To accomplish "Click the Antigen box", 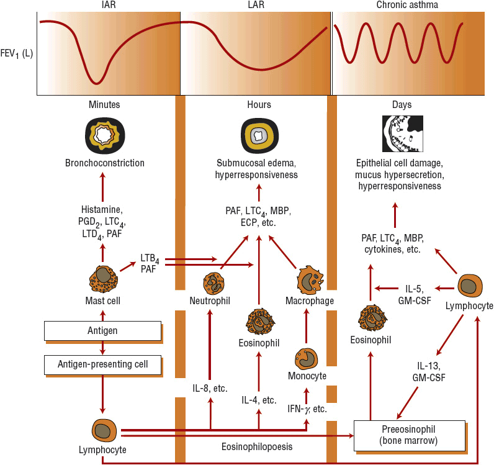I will click(x=103, y=331).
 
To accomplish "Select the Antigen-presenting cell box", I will click(x=103, y=364).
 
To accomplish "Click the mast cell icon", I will click(x=103, y=278).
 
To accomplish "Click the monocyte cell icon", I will click(x=307, y=359).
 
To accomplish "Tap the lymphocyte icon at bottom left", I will click(x=103, y=430).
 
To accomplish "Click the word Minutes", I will click(x=104, y=105).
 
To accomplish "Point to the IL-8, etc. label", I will click(x=210, y=388).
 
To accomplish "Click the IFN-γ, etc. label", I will click(x=307, y=409).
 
